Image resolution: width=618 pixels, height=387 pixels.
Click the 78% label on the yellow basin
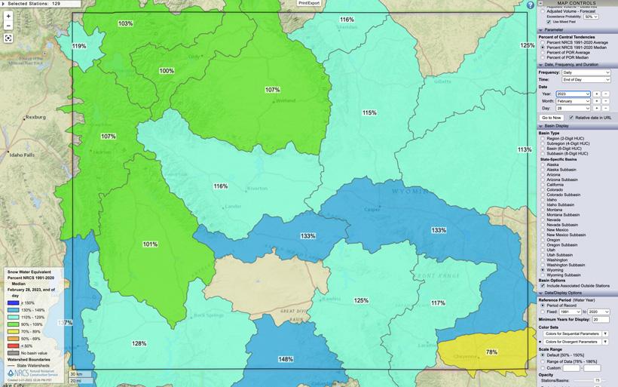click(491, 352)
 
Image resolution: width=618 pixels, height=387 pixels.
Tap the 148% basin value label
click(286, 359)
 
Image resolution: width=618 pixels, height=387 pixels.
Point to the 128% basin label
click(139, 343)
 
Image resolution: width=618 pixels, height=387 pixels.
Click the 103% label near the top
click(125, 23)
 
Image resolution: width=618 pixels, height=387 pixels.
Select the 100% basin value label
click(167, 71)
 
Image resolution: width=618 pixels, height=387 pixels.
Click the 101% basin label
click(150, 244)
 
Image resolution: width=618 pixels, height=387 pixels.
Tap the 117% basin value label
click(438, 303)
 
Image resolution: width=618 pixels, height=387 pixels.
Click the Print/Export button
click(309, 3)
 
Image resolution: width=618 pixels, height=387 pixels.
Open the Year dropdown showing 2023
click(573, 94)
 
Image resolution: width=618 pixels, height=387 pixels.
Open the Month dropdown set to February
click(573, 101)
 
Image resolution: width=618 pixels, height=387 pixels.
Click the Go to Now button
click(551, 118)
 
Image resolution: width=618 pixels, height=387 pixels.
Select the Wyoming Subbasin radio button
click(543, 275)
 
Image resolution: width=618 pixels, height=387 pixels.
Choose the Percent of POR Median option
click(543, 57)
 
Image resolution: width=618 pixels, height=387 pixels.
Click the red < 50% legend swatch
click(14, 346)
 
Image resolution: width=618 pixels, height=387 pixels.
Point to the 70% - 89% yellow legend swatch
click(14, 331)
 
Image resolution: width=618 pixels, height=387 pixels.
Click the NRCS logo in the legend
click(17, 373)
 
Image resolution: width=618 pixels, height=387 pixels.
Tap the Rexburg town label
click(35, 117)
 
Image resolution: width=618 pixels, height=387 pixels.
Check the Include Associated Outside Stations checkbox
click(543, 286)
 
